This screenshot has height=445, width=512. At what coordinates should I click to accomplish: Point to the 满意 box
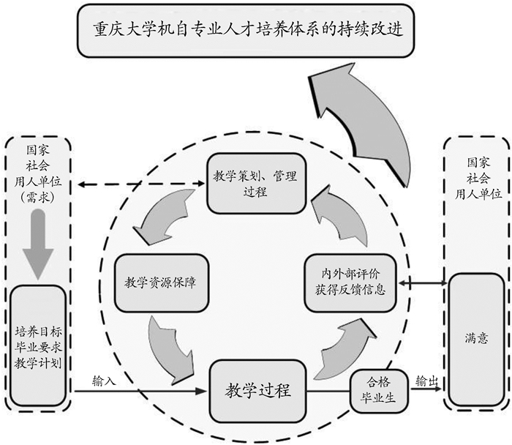click(476, 340)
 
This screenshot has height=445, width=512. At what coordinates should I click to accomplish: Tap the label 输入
click(105, 381)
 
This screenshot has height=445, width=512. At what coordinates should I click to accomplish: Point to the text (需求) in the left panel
click(38, 197)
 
